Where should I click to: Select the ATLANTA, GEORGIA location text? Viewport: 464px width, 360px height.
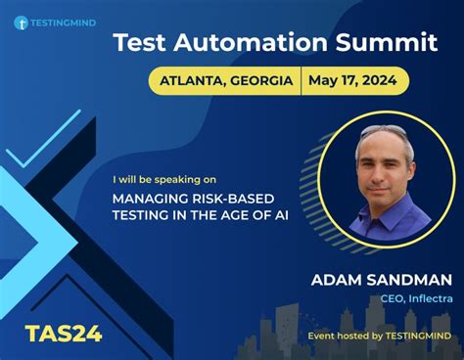[x=224, y=81]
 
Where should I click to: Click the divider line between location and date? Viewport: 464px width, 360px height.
[x=302, y=81]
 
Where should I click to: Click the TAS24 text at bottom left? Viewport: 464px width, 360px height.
[x=64, y=335]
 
